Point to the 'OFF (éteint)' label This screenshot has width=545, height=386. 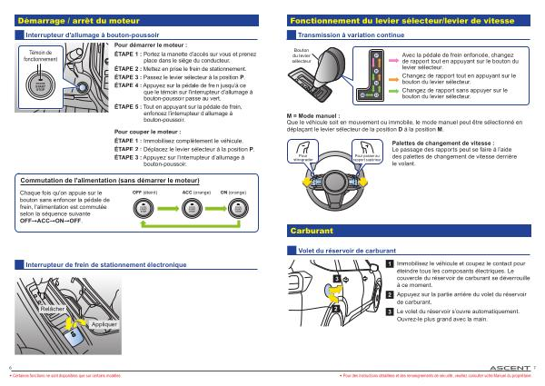click(144, 193)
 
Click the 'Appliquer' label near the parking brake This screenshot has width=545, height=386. click(104, 324)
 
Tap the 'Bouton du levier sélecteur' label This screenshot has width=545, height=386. click(302, 54)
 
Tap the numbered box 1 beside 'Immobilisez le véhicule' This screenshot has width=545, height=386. click(390, 263)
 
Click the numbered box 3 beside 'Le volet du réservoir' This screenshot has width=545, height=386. click(390, 312)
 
